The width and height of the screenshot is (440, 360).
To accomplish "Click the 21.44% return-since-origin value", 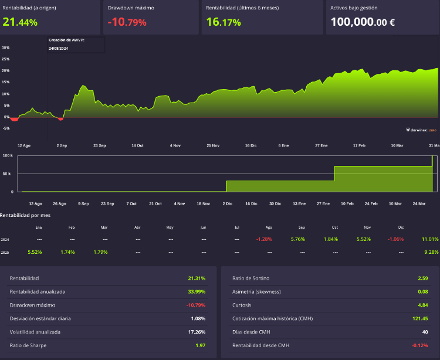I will coord(20,22).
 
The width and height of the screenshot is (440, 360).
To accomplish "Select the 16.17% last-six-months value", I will coord(224,22).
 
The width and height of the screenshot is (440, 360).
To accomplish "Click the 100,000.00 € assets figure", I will coord(363,22).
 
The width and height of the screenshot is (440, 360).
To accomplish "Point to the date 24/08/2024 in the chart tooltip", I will coord(59,49).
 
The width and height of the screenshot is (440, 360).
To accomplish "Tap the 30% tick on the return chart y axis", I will coord(5,48).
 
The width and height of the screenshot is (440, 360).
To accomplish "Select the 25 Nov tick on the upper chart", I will coord(212,145).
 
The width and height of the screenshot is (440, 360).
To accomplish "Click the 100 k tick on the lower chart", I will coord(8,156).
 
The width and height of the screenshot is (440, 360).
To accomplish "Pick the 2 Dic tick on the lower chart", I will coord(227,203).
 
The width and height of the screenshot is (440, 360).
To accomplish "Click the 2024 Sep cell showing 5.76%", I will coord(302,239).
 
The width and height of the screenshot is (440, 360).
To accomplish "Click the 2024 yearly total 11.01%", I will coord(430,239).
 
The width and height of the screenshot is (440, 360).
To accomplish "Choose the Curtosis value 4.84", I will coord(424,305).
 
